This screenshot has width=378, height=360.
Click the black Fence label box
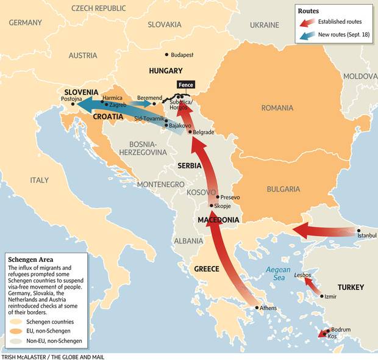coord(185,85)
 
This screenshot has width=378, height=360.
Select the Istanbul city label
coord(368,235)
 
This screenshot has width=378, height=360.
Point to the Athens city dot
coord(257,308)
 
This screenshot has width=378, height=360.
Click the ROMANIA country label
coord(277,108)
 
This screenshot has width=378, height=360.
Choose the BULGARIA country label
coord(283,189)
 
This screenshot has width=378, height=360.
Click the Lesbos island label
coord(302,275)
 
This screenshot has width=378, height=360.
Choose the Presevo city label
coord(230,197)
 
